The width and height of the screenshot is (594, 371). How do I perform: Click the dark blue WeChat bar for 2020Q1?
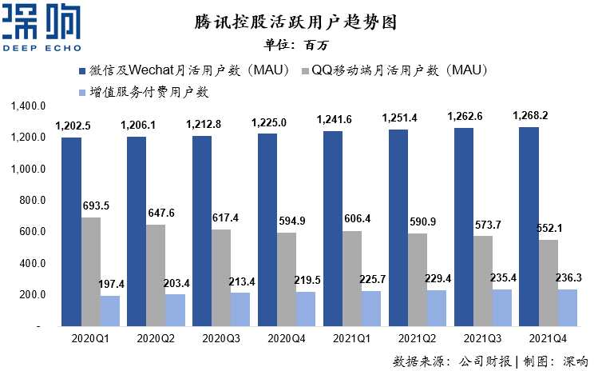tap(71, 232)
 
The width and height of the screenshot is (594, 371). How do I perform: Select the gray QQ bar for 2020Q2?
tap(156, 275)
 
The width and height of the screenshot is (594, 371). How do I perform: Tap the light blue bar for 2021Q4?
tap(566, 308)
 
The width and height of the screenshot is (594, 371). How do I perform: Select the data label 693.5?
tap(96, 205)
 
